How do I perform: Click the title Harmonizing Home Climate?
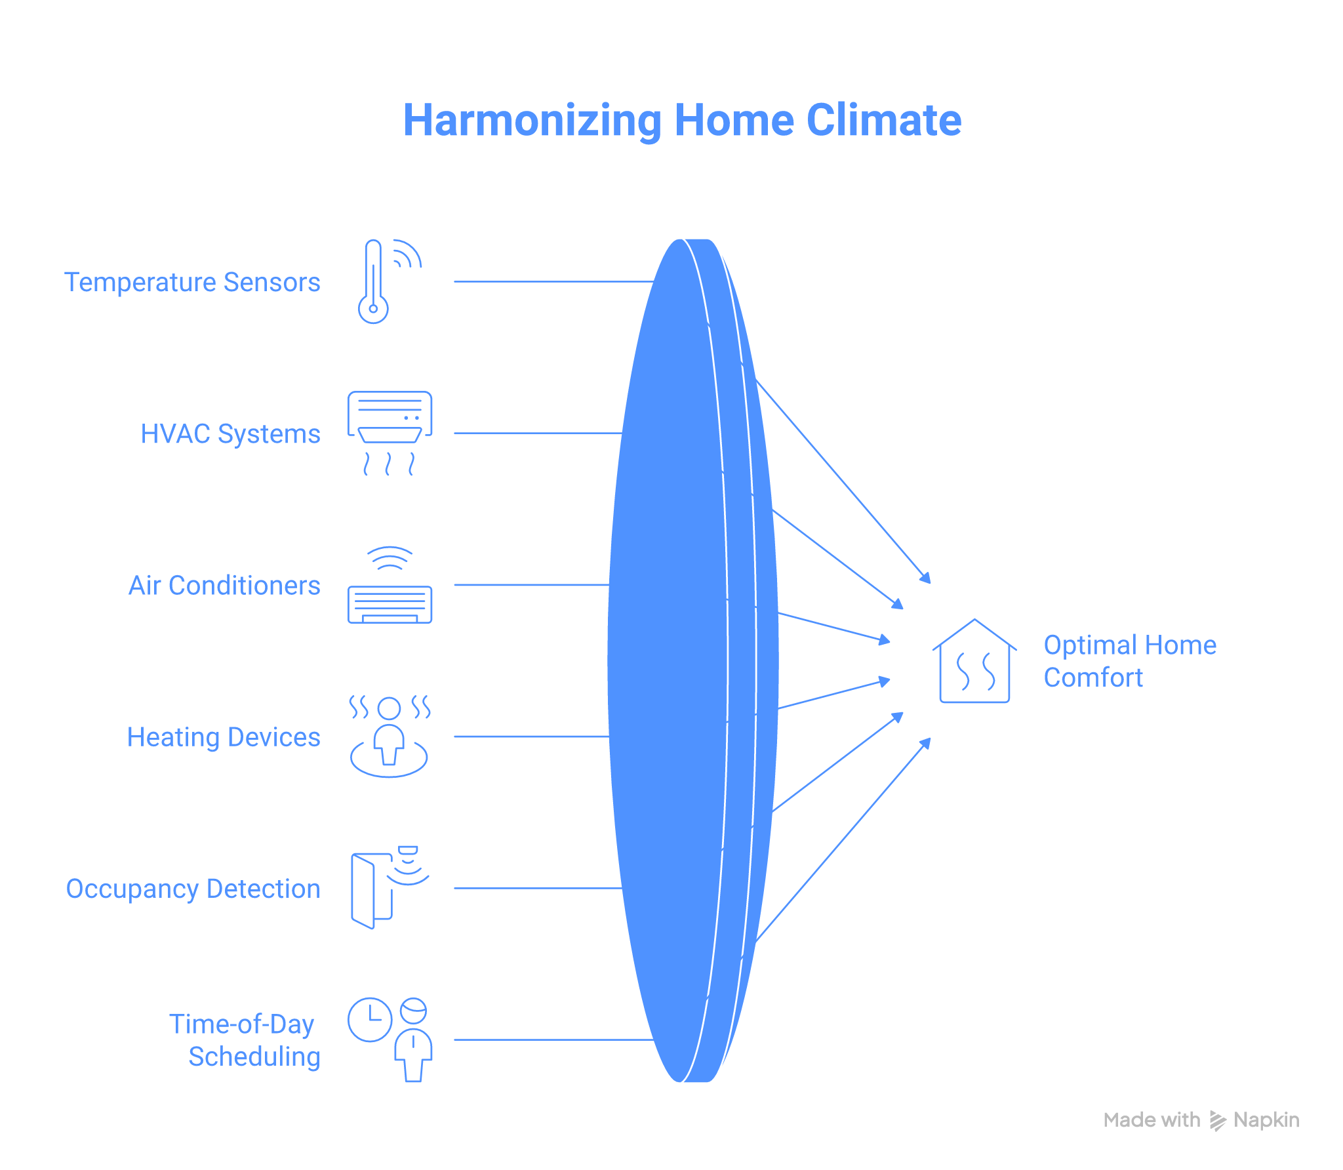[x=682, y=121]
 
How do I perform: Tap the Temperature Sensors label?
[x=192, y=282]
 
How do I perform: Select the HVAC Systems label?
[x=230, y=434]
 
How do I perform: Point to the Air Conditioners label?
[x=224, y=585]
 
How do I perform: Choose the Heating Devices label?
[x=224, y=736]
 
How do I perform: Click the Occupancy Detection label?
[x=193, y=889]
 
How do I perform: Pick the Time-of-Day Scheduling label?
[x=245, y=1040]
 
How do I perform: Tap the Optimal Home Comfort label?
[x=1129, y=661]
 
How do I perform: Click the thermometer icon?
[x=374, y=282]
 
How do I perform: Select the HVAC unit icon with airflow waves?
[x=390, y=433]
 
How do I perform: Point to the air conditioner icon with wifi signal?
[x=390, y=585]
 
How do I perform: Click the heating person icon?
[x=390, y=736]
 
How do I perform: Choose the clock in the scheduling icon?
[x=370, y=1019]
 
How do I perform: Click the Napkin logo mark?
[x=1217, y=1120]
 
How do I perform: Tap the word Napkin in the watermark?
[x=1266, y=1120]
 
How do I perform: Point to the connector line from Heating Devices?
[x=531, y=736]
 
